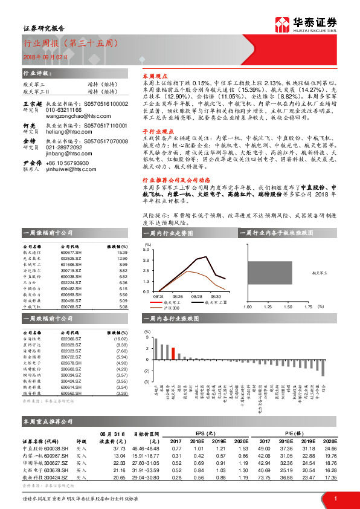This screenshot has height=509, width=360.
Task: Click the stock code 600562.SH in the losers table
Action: (70, 394)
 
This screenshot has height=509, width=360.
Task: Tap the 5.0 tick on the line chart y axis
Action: (146, 248)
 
